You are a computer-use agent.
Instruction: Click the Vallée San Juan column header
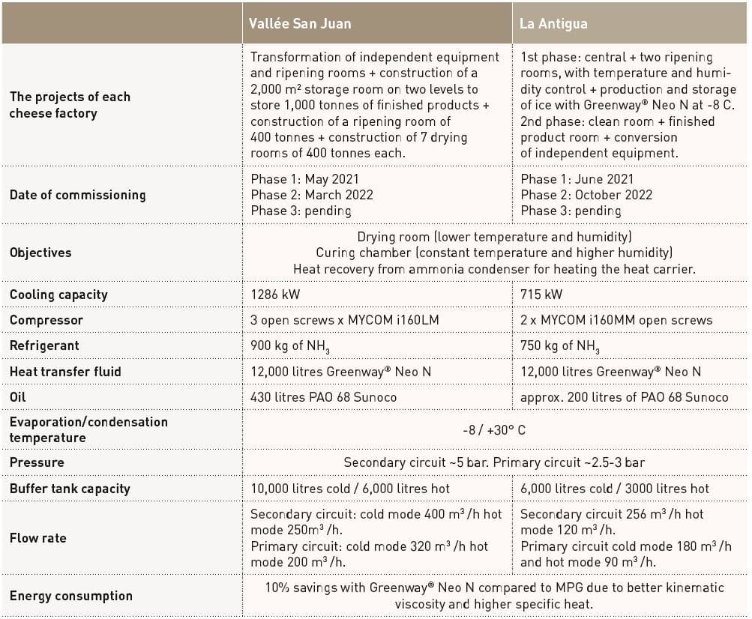point(301,23)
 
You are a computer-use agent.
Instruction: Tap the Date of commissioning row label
point(77,195)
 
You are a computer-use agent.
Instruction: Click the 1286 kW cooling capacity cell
point(275,295)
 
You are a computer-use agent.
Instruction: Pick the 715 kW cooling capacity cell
point(541,295)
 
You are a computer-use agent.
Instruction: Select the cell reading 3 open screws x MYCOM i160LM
point(344,320)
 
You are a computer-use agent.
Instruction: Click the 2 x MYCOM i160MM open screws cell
point(616,320)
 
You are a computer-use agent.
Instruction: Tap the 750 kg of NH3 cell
point(560,346)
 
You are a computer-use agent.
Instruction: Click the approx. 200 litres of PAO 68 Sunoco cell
point(624,396)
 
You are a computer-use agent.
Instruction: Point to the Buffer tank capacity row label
point(70,489)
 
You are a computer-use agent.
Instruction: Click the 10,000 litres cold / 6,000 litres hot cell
point(350,489)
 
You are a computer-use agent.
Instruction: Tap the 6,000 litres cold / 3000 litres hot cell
point(614,489)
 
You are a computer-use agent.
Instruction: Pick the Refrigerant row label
point(44,346)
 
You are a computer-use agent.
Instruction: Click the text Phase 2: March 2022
point(312,195)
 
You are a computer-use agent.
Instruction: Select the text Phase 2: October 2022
point(586,195)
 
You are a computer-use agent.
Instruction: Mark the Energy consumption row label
point(70,596)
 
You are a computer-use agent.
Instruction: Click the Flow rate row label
point(37,538)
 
